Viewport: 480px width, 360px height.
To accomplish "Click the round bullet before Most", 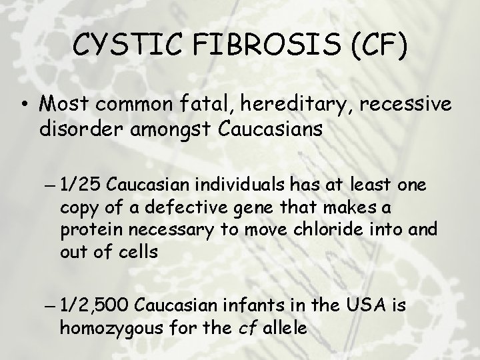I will click(x=24, y=105).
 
